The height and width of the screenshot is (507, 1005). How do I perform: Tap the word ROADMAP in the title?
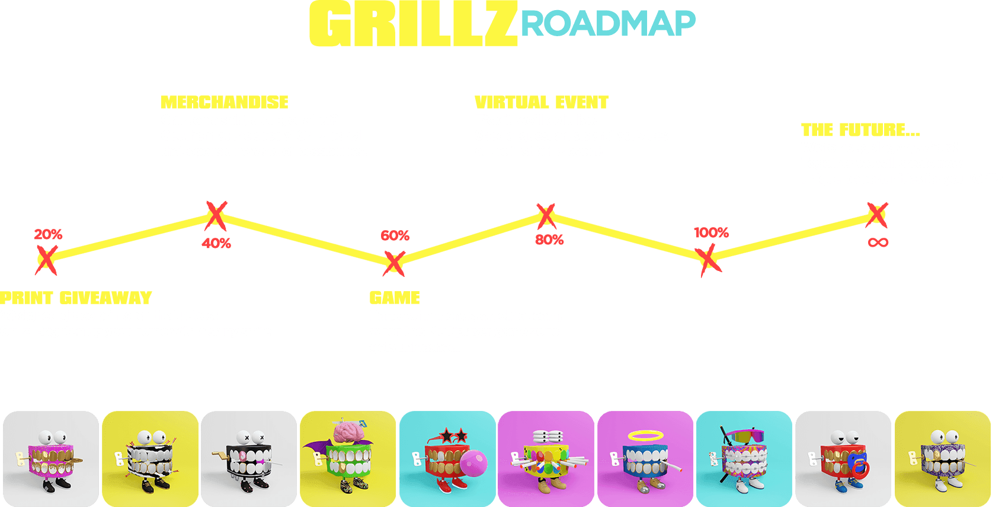pyautogui.click(x=608, y=24)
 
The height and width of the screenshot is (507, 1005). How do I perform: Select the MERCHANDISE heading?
pyautogui.click(x=225, y=103)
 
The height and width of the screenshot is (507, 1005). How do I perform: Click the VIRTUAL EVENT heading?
pyautogui.click(x=542, y=103)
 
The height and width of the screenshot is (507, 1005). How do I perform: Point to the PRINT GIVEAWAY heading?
pyautogui.click(x=76, y=298)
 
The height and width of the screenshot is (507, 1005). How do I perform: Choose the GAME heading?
pyautogui.click(x=395, y=298)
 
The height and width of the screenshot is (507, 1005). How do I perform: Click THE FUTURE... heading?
pyautogui.click(x=860, y=130)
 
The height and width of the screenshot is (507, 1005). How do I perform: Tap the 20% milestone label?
pyautogui.click(x=48, y=234)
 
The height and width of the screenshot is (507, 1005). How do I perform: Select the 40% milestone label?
pyautogui.click(x=216, y=243)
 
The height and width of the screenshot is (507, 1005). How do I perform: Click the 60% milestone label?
pyautogui.click(x=395, y=235)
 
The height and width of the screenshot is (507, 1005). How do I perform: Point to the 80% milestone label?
pyautogui.click(x=549, y=240)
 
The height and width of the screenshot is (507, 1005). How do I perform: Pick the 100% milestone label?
pyautogui.click(x=711, y=232)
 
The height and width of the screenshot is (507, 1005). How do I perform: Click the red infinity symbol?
pyautogui.click(x=878, y=243)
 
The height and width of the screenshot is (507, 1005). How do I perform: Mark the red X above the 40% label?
pyautogui.click(x=216, y=215)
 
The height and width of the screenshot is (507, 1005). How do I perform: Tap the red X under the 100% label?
pyautogui.click(x=708, y=260)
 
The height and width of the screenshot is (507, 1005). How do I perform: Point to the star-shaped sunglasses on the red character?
pyautogui.click(x=453, y=436)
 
